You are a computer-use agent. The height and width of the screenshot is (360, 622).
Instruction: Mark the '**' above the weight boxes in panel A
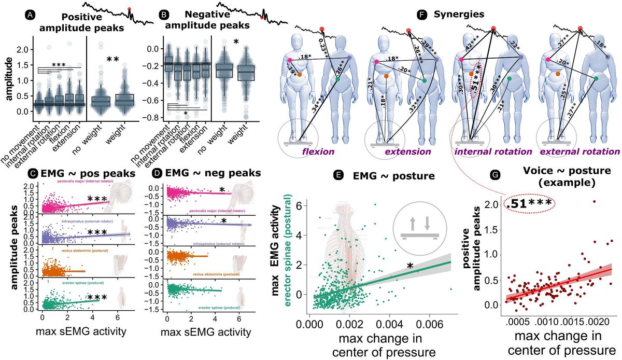point(114,60)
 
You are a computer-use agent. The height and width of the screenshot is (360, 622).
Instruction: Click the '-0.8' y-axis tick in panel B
point(151,117)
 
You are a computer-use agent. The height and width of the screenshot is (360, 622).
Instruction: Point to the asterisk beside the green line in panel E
point(409,266)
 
